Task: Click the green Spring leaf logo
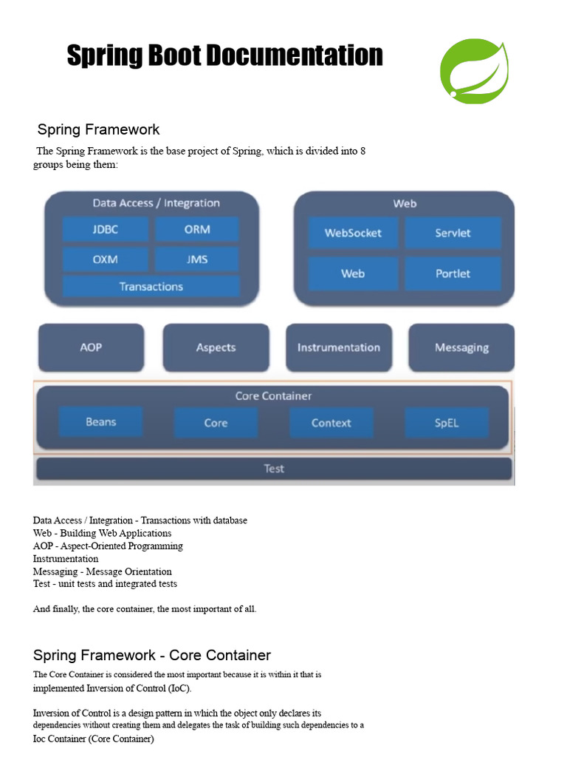(474, 72)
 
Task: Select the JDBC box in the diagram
(106, 229)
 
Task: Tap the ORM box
(197, 229)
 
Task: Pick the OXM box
(106, 259)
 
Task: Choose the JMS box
(197, 259)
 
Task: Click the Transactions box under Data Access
(151, 286)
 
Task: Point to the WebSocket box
(353, 233)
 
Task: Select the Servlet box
(453, 233)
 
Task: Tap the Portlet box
(453, 274)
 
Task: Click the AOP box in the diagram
(91, 347)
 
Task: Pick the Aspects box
(216, 347)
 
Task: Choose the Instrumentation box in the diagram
(338, 347)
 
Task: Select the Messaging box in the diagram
(461, 347)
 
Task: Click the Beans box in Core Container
(101, 422)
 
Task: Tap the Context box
(331, 423)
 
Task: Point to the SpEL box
(446, 423)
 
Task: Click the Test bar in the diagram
(274, 469)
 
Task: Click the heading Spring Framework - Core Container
(152, 655)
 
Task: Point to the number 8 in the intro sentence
(362, 152)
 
